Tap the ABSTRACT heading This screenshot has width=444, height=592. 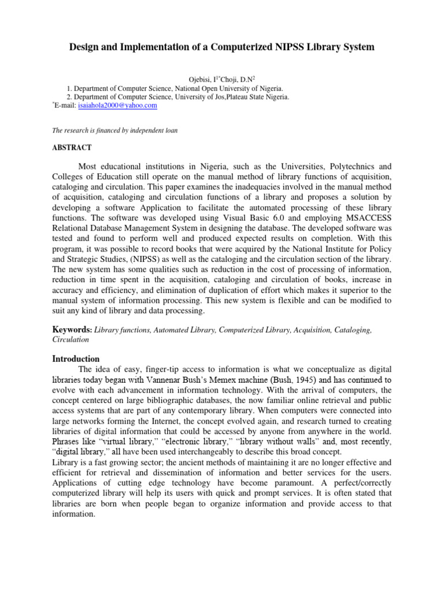(x=72, y=148)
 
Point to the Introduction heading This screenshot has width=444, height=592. (x=76, y=358)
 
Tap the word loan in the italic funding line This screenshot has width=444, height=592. (x=169, y=131)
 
